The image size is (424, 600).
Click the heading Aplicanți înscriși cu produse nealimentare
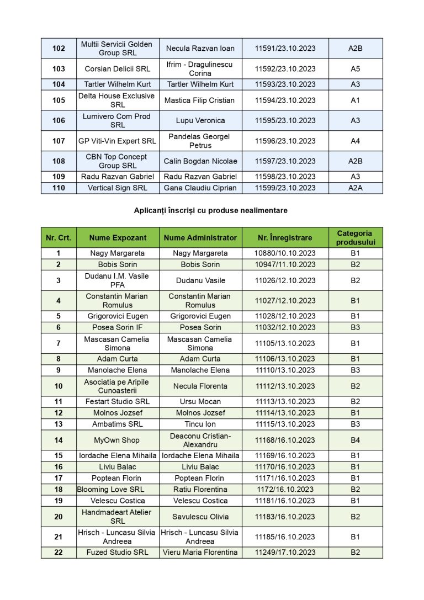click(210, 210)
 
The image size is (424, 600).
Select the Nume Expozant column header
click(118, 238)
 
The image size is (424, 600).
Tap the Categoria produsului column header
click(355, 238)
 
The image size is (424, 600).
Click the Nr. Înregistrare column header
click(285, 238)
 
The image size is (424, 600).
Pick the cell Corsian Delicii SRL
click(118, 69)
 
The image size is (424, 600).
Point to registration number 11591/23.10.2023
click(285, 49)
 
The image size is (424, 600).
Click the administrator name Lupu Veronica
click(200, 120)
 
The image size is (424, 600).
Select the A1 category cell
click(355, 100)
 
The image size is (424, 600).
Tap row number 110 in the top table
click(59, 188)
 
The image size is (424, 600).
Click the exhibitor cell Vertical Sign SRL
click(118, 188)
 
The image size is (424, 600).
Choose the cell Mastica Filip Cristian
click(200, 100)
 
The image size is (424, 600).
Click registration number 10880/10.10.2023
click(285, 253)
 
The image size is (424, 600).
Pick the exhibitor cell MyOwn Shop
click(116, 440)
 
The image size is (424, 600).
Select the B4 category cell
click(355, 440)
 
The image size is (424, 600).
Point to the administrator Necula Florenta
click(200, 386)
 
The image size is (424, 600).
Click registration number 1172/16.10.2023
click(285, 490)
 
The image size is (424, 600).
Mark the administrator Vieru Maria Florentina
click(200, 553)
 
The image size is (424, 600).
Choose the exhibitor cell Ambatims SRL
click(118, 424)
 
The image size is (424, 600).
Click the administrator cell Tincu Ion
click(200, 424)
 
